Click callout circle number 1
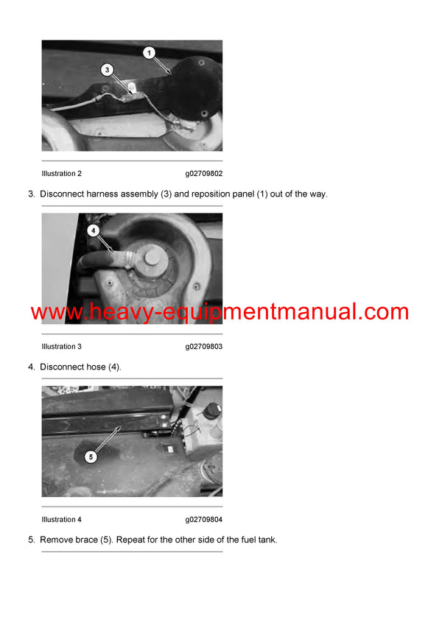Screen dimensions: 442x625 click(x=150, y=52)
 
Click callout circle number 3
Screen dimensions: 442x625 click(x=107, y=70)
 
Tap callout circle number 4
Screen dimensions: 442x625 click(x=94, y=230)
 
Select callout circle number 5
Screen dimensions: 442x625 click(x=91, y=457)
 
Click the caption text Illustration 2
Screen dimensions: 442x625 click(x=61, y=174)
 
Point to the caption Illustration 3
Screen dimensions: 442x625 click(x=61, y=347)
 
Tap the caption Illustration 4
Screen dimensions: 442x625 click(x=61, y=520)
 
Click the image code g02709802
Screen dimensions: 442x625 click(x=204, y=174)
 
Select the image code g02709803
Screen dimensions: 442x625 click(x=204, y=347)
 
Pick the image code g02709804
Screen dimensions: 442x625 click(x=204, y=520)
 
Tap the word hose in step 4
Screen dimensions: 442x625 click(x=97, y=367)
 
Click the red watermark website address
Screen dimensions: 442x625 click(x=220, y=311)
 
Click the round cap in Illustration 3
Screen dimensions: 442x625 click(x=152, y=257)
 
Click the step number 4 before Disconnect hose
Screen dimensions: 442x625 click(x=31, y=367)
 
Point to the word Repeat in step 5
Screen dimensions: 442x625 click(x=130, y=540)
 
